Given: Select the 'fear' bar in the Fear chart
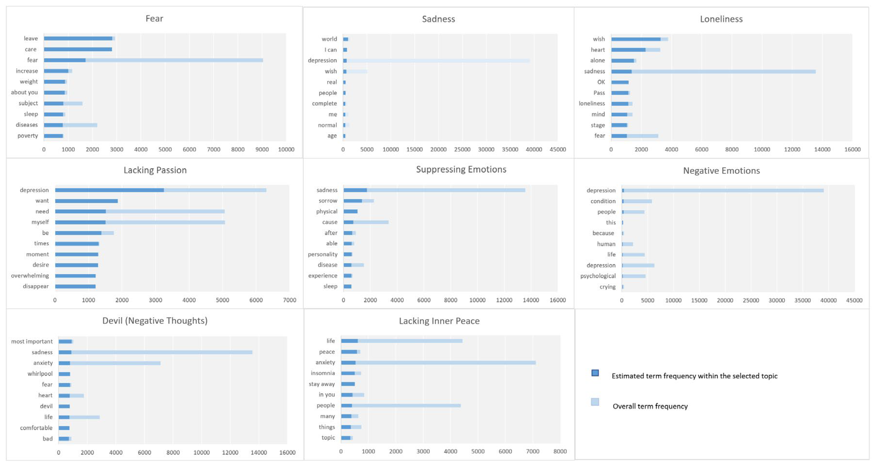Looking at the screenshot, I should coord(153,60).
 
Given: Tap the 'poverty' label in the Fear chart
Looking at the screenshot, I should coord(28,136).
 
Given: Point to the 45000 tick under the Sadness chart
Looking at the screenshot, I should coord(558,150).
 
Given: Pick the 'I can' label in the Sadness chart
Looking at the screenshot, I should coord(330,50).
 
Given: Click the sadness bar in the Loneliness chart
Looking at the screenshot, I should coord(713,71).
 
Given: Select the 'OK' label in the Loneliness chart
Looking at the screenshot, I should coord(601,82).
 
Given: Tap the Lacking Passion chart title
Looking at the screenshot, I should coord(155,170).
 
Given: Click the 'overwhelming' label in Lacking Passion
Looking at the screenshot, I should coord(30,276).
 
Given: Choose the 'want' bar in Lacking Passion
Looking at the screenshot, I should coord(86,201).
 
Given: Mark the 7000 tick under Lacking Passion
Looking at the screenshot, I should coord(289,300).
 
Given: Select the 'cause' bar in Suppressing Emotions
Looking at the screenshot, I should coord(366,222).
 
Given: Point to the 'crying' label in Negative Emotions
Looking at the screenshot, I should coord(607,287).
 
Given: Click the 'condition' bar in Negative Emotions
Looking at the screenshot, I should coord(637,201).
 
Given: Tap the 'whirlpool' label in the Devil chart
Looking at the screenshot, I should coord(40,374).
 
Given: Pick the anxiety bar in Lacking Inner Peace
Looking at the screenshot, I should coord(438,363).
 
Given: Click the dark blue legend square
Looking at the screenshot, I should coord(595,373).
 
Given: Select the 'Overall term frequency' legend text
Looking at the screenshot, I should coord(650,406).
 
